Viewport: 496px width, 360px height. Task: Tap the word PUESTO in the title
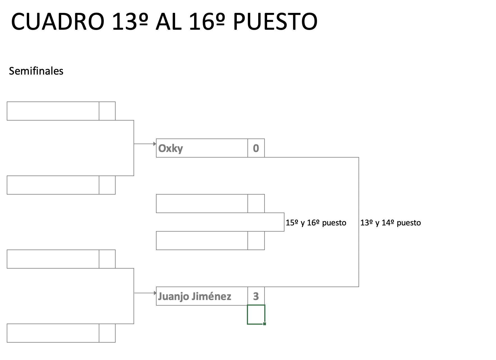tap(275, 22)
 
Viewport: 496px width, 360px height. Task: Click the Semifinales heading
tap(36, 71)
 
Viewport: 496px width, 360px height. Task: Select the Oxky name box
tap(202, 148)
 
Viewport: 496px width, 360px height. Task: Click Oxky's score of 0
tap(256, 148)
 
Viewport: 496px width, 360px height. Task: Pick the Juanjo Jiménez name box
tap(202, 296)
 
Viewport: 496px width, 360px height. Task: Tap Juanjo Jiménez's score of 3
tap(256, 296)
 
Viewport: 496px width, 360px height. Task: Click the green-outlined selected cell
tap(256, 314)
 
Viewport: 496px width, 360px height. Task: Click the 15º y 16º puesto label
tap(316, 223)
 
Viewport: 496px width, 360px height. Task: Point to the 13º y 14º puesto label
tap(391, 223)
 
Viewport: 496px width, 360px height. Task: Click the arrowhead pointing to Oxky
tap(155, 144)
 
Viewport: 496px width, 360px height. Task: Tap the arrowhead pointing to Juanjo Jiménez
tap(155, 293)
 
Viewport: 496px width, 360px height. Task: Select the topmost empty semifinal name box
tap(53, 111)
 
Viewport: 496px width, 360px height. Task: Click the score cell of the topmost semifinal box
tap(107, 111)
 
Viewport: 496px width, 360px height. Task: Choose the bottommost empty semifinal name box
tap(53, 333)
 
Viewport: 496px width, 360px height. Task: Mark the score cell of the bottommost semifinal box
tap(107, 333)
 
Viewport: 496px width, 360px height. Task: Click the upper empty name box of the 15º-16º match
tap(202, 204)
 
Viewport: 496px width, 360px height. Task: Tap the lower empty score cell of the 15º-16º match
tap(256, 241)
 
